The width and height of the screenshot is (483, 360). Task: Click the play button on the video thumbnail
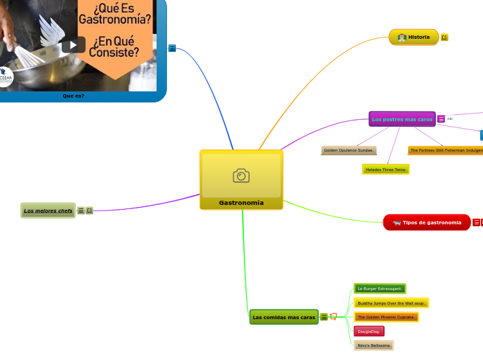[x=73, y=45]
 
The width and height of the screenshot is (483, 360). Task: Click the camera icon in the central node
[x=241, y=176]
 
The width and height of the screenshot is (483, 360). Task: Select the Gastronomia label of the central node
[x=241, y=203]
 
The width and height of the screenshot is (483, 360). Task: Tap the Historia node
[x=414, y=37]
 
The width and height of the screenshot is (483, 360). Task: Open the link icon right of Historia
[x=444, y=37]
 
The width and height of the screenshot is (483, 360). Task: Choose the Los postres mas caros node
[x=402, y=119]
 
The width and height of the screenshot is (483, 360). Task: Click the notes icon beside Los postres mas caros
[x=441, y=119]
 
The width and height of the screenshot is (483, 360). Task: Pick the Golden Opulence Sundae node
[x=349, y=150]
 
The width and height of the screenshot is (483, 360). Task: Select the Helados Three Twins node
[x=385, y=170]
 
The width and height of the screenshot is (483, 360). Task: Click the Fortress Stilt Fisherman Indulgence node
[x=445, y=150]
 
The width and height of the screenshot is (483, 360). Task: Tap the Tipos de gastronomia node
[x=427, y=222]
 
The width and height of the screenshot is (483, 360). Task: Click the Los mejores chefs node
[x=48, y=210]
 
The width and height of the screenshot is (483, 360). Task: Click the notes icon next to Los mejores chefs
[x=81, y=210]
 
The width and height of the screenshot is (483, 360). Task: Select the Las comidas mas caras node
[x=284, y=317]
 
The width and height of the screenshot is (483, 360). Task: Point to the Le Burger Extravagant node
[x=380, y=288]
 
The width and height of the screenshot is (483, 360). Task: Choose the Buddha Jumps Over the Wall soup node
[x=392, y=303]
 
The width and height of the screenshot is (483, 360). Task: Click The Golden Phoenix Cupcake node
[x=386, y=317]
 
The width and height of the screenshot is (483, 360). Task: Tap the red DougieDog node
[x=369, y=332]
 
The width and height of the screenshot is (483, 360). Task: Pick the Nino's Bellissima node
[x=374, y=345]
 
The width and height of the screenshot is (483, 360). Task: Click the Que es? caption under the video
[x=73, y=96]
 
